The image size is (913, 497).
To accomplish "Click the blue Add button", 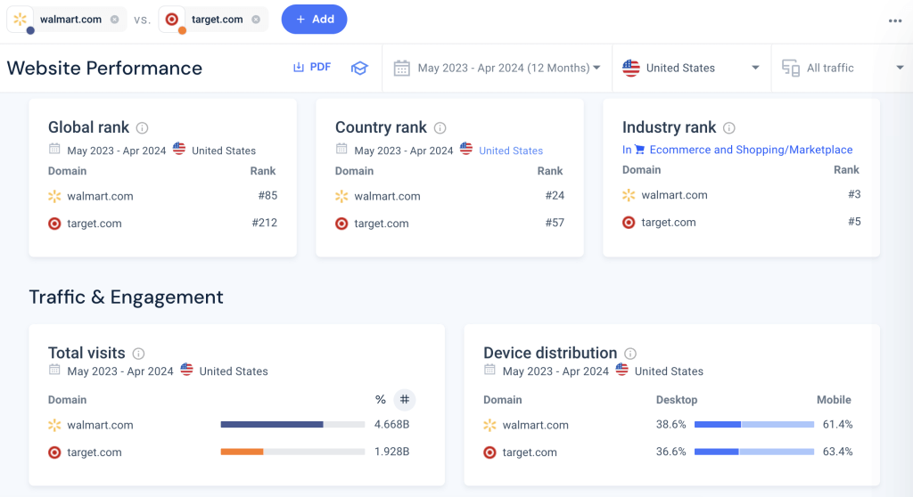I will pos(314,19).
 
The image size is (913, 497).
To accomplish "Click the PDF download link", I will pos(312,67).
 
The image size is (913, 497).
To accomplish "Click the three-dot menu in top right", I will pos(894,20).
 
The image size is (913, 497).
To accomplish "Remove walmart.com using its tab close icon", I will pos(114,19).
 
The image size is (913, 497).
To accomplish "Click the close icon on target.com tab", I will pos(256,19).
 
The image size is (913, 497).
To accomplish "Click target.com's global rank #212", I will pos(264,223).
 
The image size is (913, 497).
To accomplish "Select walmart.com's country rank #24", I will pos(555,196).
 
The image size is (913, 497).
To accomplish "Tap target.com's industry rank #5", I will pos(853,222).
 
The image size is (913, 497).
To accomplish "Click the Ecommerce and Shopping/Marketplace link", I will pos(751,150).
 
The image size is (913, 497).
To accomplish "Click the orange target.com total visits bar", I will pos(242,452).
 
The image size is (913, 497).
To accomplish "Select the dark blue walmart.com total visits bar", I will pos(272,425).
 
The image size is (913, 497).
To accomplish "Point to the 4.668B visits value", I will pos(391,425).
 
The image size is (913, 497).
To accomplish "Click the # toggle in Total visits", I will pos(405,400).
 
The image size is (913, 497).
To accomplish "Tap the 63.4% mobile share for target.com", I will pos(837,452).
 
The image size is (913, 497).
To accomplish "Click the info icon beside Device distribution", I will pos(630,354).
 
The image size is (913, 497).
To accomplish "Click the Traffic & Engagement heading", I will pos(126,297).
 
